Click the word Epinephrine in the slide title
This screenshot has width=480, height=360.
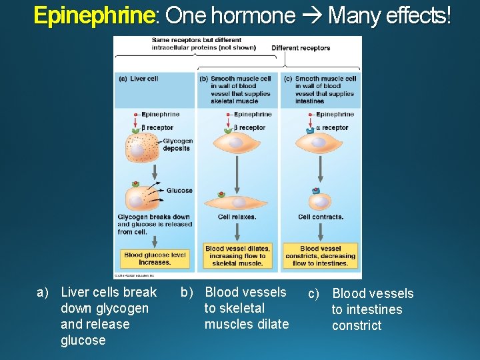93,15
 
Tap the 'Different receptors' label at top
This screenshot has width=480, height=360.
300,48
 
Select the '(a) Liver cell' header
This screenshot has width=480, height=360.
139,79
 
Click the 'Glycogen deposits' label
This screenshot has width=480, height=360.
177,145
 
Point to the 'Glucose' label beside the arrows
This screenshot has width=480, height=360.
179,191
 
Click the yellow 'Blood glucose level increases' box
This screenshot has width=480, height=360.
155,259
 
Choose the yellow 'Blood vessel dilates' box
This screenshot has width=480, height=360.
238,256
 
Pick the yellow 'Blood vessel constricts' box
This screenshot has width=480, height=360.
320,256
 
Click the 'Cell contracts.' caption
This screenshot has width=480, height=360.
321,217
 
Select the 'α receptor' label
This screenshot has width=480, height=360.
332,127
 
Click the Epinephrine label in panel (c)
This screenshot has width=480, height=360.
335,115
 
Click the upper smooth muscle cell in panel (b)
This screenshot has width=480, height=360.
237,145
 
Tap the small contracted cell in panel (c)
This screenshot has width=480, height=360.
320,201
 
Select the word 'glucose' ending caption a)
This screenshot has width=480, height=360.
83,341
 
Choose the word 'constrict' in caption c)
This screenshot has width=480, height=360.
357,326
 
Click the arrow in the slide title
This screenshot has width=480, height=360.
311,15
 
